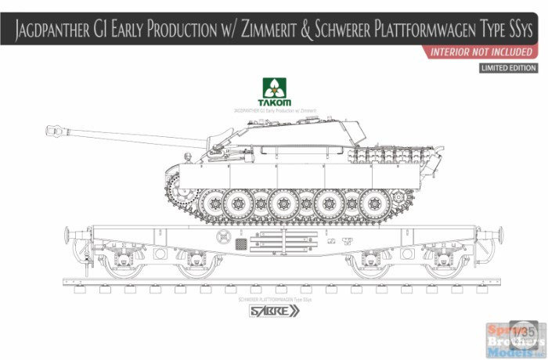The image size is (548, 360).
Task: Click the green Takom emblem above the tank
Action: point(274,92)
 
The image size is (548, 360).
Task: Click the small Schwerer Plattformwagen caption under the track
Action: point(274,299)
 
